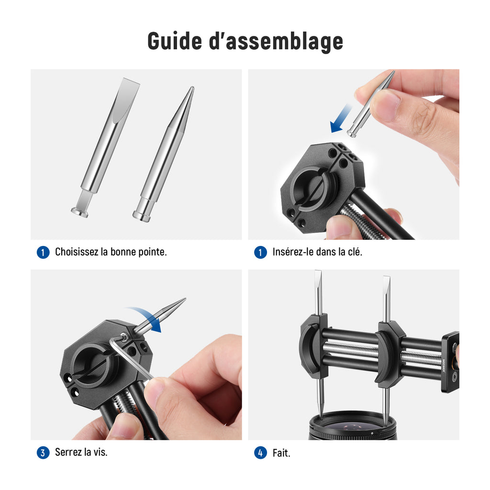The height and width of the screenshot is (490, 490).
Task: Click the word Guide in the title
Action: coord(175,41)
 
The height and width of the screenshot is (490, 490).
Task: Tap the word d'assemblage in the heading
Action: coord(276,42)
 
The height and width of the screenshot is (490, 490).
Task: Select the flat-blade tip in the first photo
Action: coord(105,147)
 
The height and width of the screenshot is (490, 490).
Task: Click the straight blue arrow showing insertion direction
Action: coord(341,119)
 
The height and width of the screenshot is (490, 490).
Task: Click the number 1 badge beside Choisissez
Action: coord(43,253)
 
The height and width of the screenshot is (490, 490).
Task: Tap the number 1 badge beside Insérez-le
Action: coord(261,253)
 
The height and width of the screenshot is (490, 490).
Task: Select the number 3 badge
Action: coord(43,453)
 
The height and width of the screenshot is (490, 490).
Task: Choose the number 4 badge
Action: coord(261,453)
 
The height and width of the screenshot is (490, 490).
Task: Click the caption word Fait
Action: coord(281,453)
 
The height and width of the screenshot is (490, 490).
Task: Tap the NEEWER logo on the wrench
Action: coord(444,365)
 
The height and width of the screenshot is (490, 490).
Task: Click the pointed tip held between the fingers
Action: coord(371,104)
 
